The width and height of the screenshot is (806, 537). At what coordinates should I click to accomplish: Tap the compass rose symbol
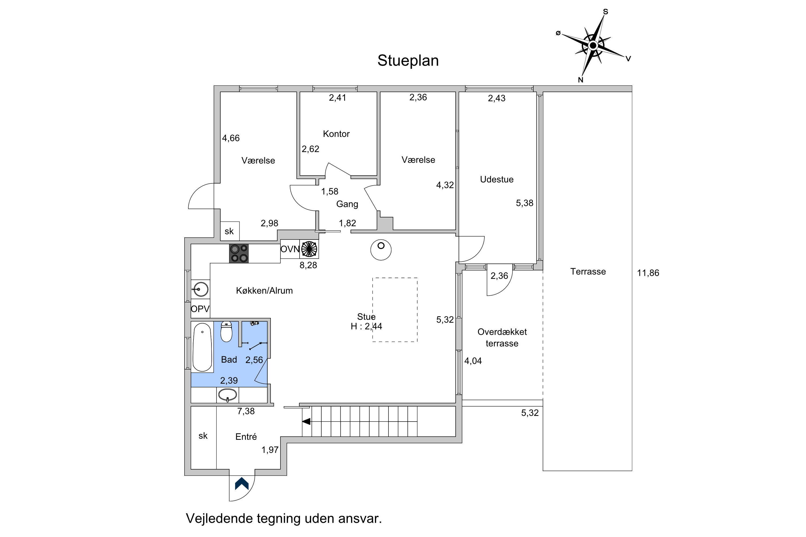[x=593, y=46]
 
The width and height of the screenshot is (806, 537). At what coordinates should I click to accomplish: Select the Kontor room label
[x=336, y=134]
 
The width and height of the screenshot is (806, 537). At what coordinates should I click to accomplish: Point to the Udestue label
[x=496, y=179]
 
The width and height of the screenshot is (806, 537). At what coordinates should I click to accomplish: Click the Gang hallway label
[x=347, y=204]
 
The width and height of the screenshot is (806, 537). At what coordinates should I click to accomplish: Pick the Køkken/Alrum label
[x=264, y=291]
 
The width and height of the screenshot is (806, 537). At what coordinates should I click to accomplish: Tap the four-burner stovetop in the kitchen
[x=239, y=253]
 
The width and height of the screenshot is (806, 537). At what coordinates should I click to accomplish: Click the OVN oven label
[x=290, y=249]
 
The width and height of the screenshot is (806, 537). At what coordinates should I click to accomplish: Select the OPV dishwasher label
[x=200, y=309]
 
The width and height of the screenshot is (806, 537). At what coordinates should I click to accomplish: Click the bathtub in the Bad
[x=202, y=347]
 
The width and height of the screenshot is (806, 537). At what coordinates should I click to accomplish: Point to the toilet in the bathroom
[x=226, y=332]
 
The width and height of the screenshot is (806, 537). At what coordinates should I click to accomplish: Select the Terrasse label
[x=588, y=271]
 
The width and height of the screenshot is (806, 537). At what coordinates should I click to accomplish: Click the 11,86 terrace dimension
[x=648, y=273]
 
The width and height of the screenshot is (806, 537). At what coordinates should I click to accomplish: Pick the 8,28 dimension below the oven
[x=308, y=265]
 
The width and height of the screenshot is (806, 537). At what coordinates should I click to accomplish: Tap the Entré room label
[x=246, y=437]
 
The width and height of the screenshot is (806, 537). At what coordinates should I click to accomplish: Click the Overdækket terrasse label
[x=502, y=338]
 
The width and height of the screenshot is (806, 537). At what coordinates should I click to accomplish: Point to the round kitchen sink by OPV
[x=200, y=289]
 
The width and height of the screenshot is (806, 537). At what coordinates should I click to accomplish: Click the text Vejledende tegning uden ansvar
[x=284, y=518]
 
